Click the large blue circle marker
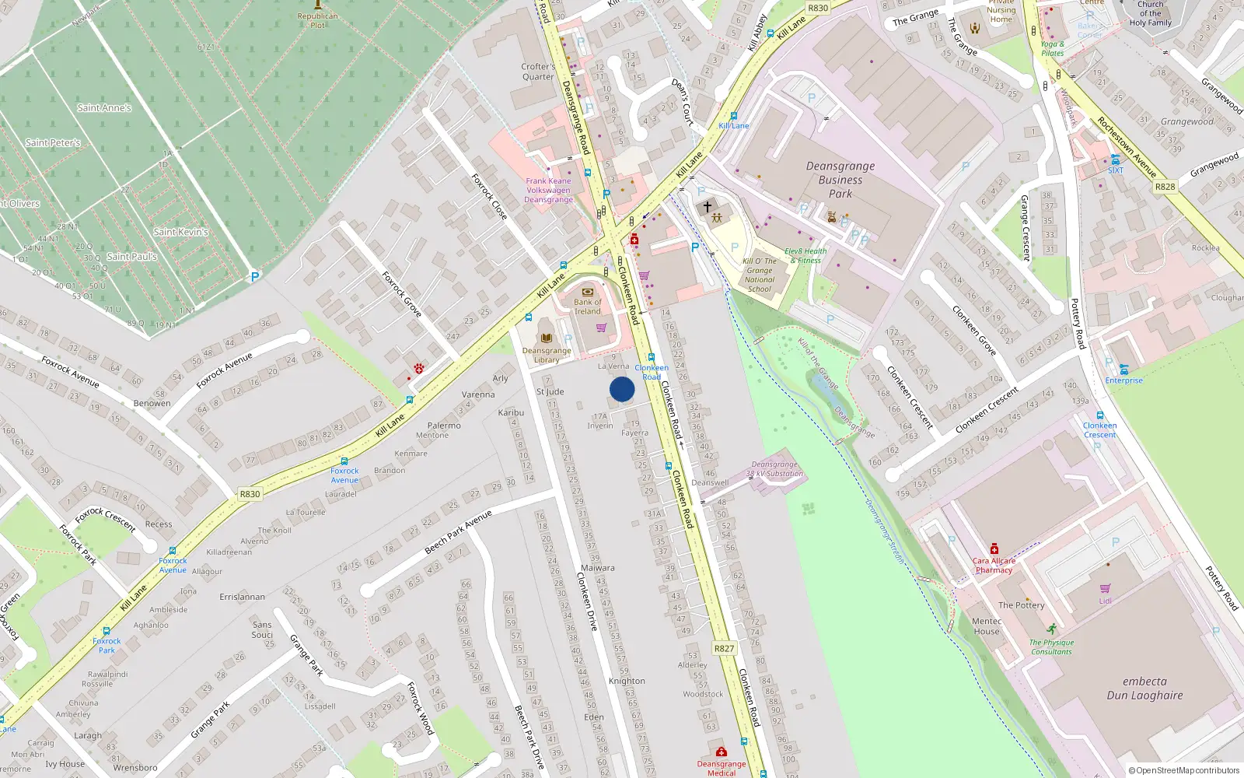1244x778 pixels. point(622,389)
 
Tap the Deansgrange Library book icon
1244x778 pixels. point(547,338)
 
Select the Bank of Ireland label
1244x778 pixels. point(588,307)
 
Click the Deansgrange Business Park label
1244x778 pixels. point(840,180)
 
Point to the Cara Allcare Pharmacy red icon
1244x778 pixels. point(994,549)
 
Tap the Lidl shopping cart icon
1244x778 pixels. point(1105,589)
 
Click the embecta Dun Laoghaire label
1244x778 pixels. point(1144,689)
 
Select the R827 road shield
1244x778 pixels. point(724,648)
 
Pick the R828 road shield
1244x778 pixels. point(1165,187)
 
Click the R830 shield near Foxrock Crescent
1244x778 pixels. point(250,494)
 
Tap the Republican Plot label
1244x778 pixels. point(317,20)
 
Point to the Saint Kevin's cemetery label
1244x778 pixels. point(180,232)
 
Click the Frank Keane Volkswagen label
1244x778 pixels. point(548,190)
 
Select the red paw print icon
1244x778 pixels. point(419,368)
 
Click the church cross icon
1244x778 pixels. point(708,207)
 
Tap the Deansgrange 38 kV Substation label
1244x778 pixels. point(774,469)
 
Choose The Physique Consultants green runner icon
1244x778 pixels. point(1052,629)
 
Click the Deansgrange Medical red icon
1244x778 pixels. point(721,752)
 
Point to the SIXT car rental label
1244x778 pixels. point(1116,170)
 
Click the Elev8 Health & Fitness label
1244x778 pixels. point(805,256)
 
